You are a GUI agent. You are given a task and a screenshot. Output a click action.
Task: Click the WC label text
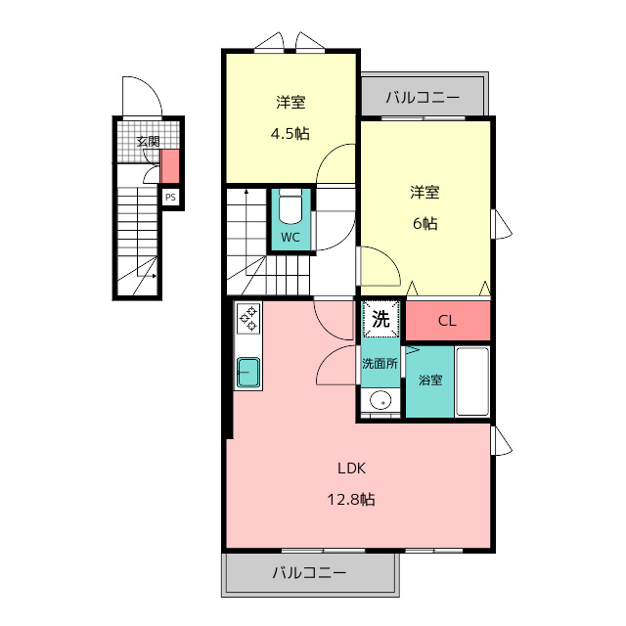(x=291, y=238)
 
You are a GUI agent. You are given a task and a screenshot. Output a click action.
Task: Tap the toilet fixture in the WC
(x=291, y=207)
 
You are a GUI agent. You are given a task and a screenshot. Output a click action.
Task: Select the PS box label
(x=170, y=198)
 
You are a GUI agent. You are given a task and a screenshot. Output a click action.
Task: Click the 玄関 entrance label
(x=148, y=141)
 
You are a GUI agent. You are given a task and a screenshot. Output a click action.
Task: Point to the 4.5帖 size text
(x=291, y=134)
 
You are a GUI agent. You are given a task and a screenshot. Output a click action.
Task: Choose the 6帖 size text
(x=425, y=224)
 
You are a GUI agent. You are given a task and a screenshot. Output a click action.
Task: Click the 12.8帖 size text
(x=351, y=500)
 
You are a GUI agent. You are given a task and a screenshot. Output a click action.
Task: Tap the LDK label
(x=351, y=469)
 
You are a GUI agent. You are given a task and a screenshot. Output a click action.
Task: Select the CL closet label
(x=447, y=321)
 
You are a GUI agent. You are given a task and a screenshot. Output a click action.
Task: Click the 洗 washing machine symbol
(x=380, y=319)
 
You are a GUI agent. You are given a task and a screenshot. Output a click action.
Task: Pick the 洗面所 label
(x=380, y=364)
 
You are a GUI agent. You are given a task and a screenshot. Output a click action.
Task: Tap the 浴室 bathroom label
(x=430, y=380)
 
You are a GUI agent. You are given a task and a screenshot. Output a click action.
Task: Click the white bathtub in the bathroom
(x=472, y=382)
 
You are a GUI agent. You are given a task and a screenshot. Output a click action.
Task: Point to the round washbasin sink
(x=380, y=400)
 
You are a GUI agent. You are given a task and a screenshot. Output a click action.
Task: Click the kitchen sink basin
(x=248, y=372)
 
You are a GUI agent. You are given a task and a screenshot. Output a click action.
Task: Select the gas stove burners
(x=248, y=318)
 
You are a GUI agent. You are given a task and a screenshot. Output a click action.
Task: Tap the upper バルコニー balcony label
(x=423, y=98)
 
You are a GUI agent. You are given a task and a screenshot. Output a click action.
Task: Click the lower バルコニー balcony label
(x=309, y=573)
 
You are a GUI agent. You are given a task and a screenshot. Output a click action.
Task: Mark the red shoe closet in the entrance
(x=169, y=166)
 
